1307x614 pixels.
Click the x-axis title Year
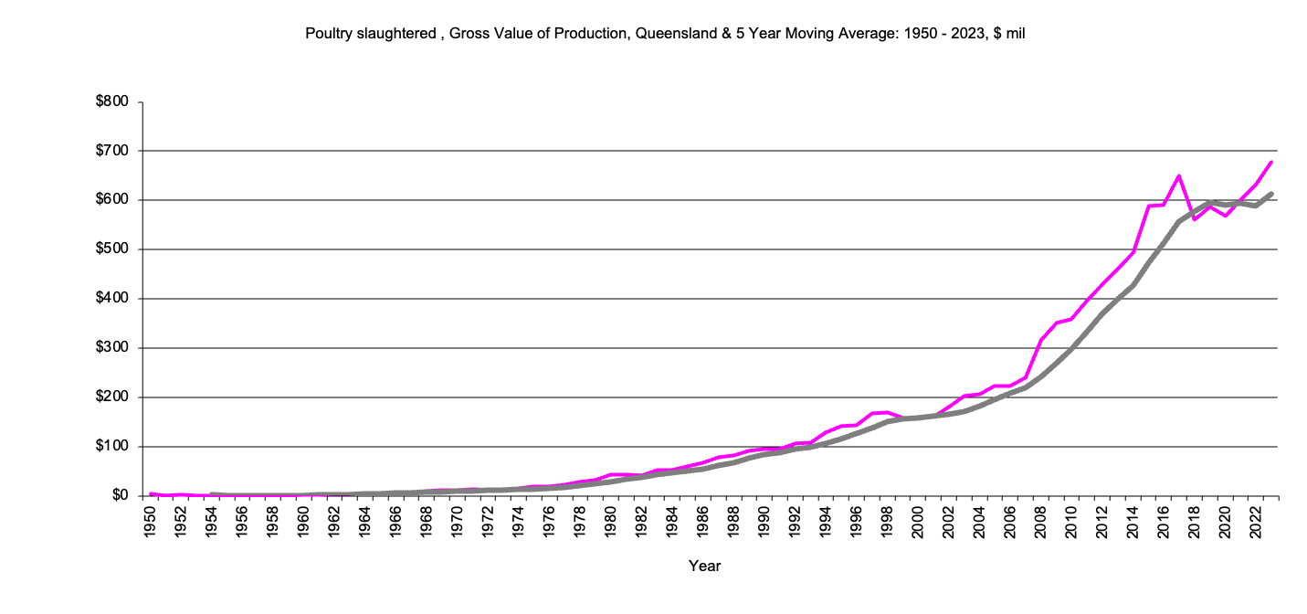tap(704, 566)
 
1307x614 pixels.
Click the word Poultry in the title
tap(326, 33)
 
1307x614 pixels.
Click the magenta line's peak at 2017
tap(1179, 175)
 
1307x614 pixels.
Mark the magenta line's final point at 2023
tap(1271, 162)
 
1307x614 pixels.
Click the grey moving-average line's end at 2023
tap(1271, 194)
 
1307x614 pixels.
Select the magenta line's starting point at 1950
tap(151, 494)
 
